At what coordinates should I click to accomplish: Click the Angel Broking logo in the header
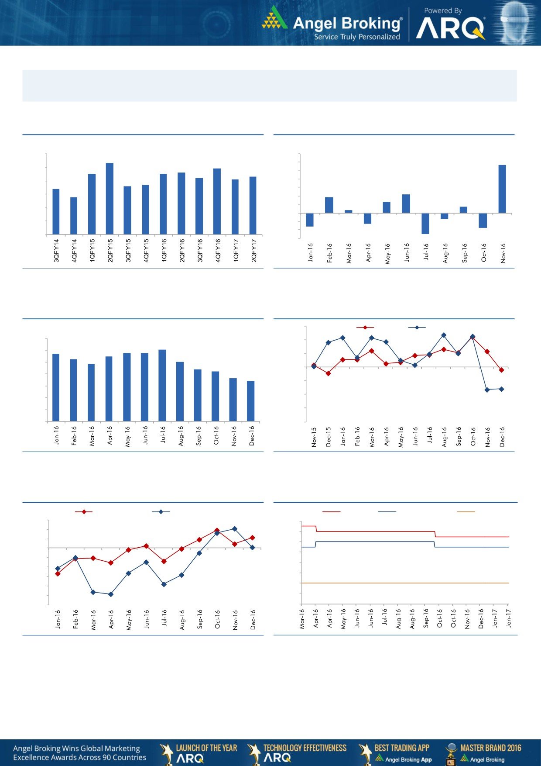332,24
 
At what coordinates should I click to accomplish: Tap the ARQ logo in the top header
450,29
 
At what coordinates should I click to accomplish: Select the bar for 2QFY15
110,199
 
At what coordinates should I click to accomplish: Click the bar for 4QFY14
74,216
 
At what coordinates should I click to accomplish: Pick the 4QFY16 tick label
218,250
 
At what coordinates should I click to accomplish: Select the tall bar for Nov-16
502,189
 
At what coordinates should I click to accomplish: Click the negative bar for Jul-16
425,224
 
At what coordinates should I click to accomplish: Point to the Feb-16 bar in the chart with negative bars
329,205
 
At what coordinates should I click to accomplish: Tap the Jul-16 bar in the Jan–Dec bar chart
162,385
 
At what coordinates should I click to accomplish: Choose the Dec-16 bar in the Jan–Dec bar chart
251,401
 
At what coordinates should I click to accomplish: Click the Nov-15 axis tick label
314,437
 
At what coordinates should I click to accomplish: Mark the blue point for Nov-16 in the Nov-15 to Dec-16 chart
487,390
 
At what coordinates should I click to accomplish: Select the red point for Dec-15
328,373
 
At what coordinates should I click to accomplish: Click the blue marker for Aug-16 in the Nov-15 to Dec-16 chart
444,335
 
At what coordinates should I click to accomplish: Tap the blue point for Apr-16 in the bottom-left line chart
111,594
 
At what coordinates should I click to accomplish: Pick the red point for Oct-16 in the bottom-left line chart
217,530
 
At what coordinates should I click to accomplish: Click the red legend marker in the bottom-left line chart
84,511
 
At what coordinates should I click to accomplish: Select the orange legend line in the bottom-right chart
466,511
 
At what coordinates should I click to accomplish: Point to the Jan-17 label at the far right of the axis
508,618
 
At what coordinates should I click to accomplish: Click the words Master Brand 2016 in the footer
490,748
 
